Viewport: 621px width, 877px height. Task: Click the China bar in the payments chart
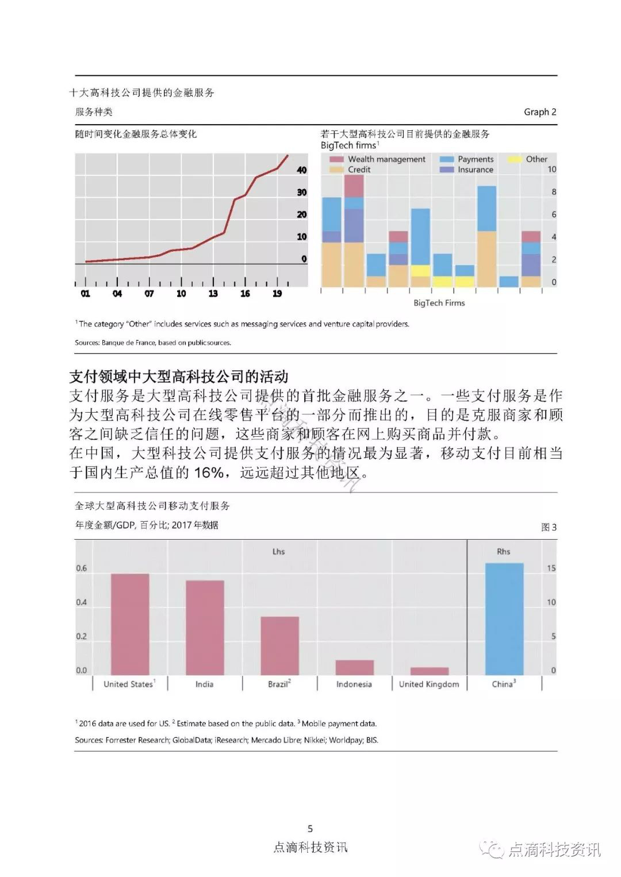click(504, 619)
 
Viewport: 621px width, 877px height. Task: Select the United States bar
click(129, 624)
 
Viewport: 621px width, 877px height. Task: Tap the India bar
click(205, 628)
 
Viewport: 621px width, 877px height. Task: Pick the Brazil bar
click(279, 645)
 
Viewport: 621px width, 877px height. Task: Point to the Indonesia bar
click(354, 667)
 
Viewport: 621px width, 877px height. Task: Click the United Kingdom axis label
click(429, 684)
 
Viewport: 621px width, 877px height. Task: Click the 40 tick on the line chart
click(302, 170)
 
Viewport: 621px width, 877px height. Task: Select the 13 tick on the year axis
click(213, 294)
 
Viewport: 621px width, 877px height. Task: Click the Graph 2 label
click(540, 112)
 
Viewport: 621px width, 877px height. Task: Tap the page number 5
click(310, 828)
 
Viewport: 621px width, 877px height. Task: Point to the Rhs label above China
click(503, 551)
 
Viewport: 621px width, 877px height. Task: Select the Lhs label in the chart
click(278, 551)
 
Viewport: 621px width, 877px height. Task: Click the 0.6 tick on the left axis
click(82, 568)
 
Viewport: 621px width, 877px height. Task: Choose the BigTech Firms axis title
click(439, 303)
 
